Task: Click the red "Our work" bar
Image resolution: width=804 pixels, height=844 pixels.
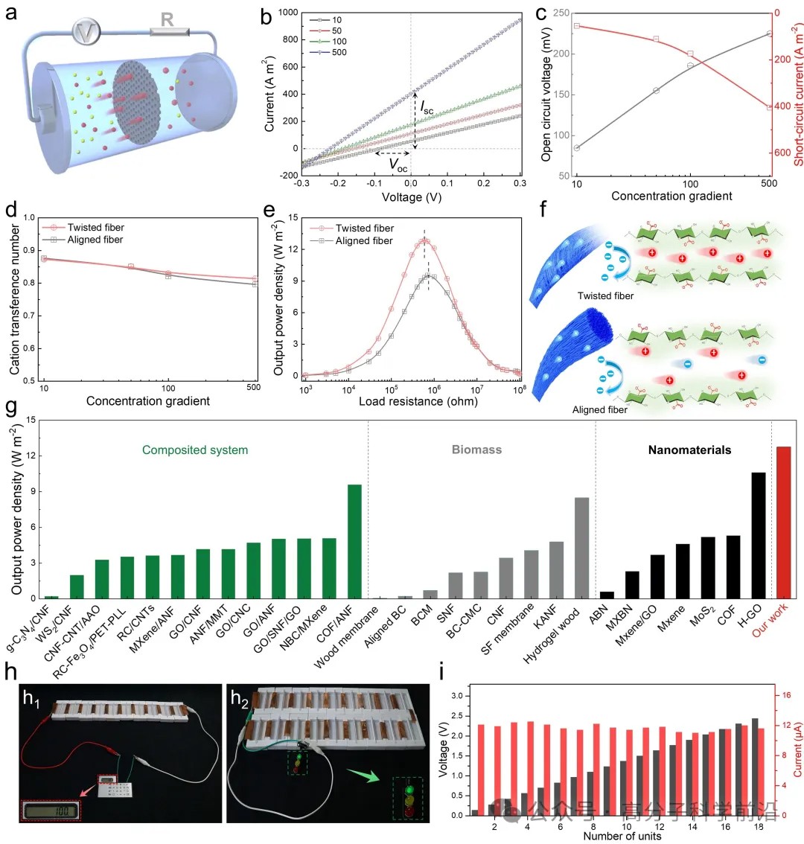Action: pyautogui.click(x=783, y=522)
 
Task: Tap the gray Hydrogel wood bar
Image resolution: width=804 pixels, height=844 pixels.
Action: pyautogui.click(x=581, y=547)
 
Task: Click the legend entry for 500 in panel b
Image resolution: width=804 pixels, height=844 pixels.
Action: pyautogui.click(x=331, y=52)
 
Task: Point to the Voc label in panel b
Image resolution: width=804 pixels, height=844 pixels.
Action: pyautogui.click(x=398, y=167)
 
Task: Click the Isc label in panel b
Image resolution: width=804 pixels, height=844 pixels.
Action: pyautogui.click(x=427, y=109)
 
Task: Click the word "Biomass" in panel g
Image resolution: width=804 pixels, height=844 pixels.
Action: pyautogui.click(x=476, y=450)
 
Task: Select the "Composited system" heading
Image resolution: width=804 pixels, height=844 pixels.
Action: pyautogui.click(x=195, y=450)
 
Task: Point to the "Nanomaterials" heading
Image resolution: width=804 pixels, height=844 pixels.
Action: pyautogui.click(x=689, y=450)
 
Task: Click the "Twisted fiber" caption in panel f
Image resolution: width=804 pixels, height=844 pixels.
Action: pyautogui.click(x=605, y=296)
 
